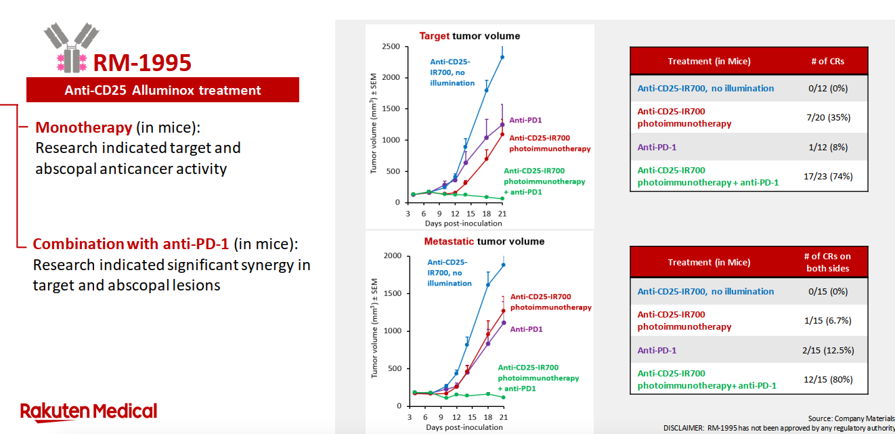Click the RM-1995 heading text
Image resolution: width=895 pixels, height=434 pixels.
(x=142, y=63)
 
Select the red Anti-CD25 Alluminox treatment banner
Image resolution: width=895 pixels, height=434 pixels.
(x=162, y=90)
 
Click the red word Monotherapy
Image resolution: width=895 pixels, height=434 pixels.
(x=83, y=127)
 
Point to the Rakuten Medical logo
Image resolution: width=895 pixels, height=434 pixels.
(x=89, y=411)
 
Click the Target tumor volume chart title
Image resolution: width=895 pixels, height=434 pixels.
(x=469, y=36)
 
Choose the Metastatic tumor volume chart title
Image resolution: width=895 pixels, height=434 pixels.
(x=484, y=241)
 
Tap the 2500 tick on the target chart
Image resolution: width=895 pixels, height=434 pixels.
(x=390, y=46)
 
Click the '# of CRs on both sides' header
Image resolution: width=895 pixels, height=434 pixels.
(x=827, y=262)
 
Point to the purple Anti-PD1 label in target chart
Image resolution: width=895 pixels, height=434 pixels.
(x=526, y=120)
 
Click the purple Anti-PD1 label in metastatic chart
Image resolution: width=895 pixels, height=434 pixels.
(x=527, y=329)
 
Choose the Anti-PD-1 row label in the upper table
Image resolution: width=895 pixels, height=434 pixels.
(x=657, y=147)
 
